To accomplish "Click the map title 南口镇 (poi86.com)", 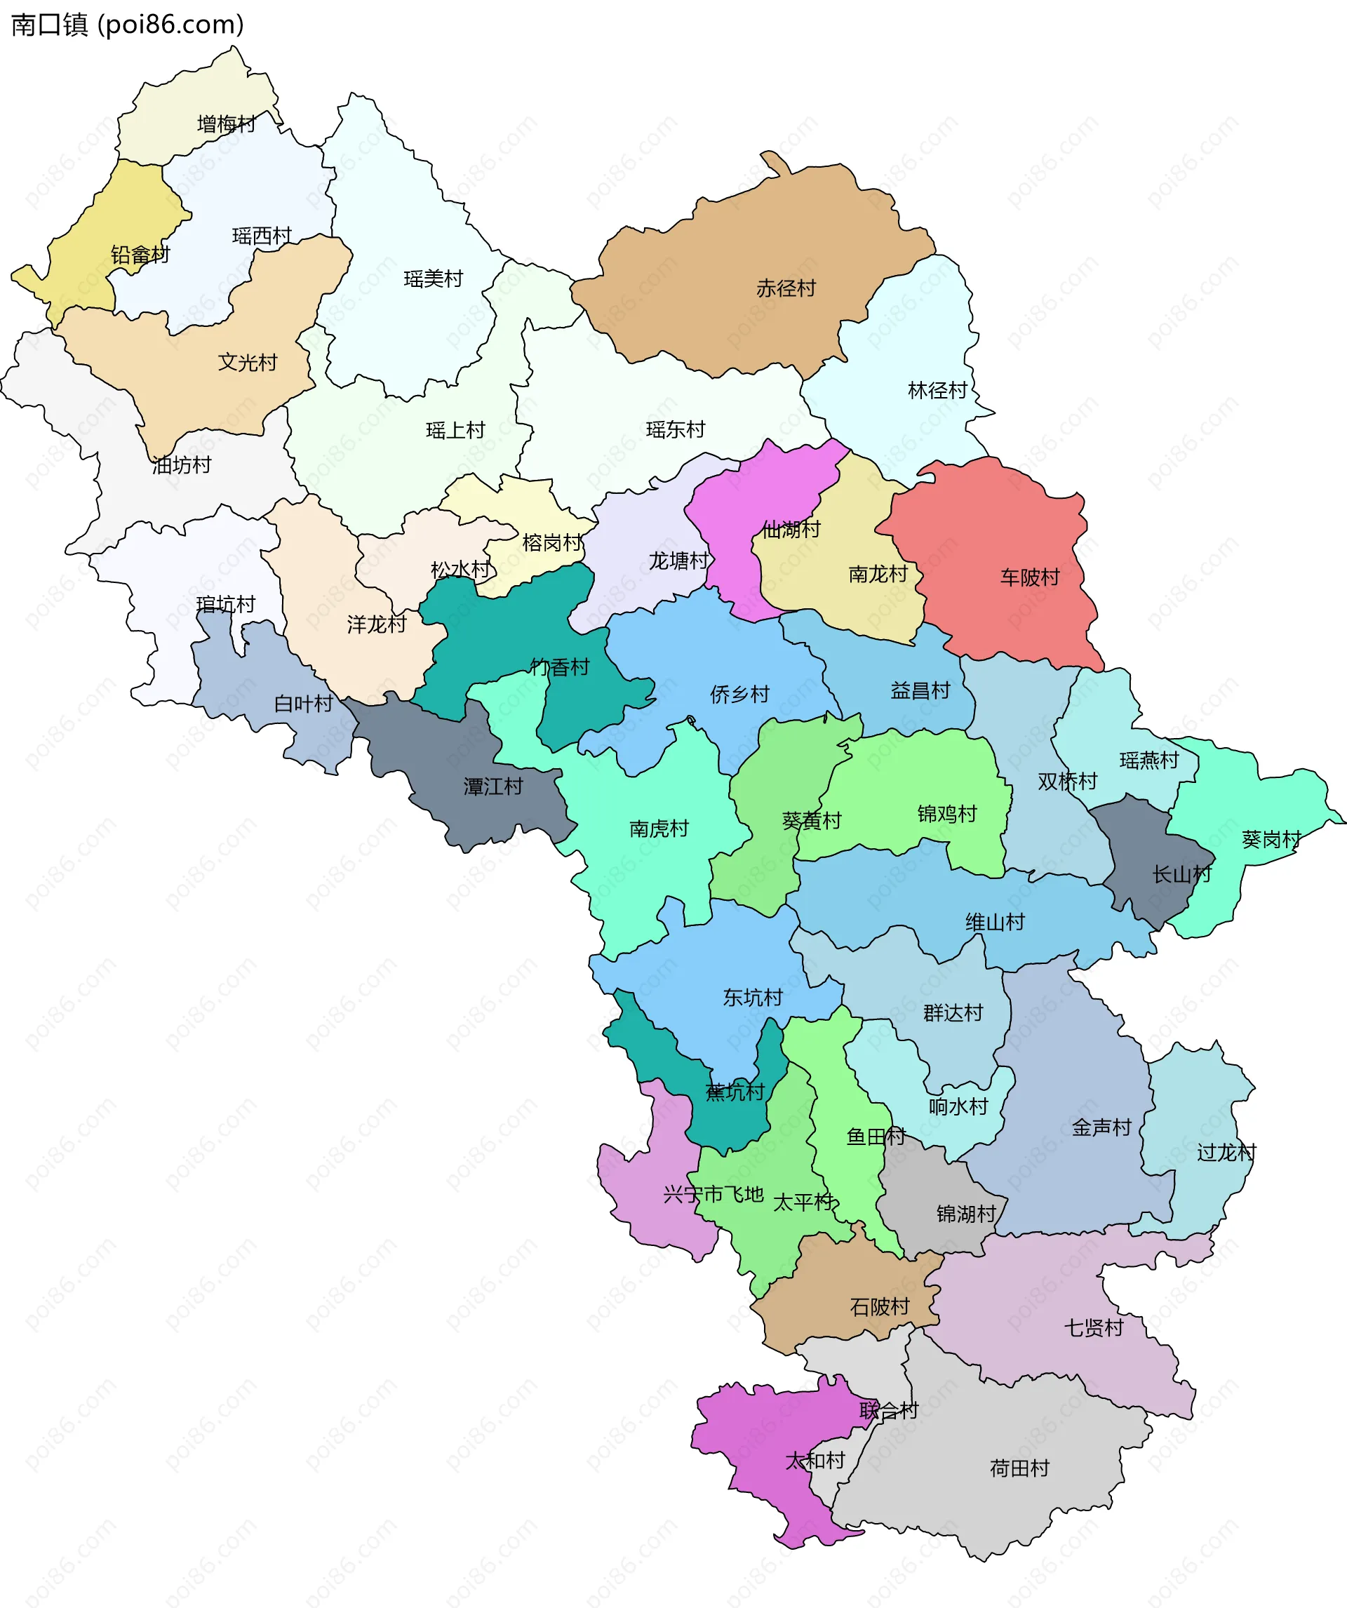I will pyautogui.click(x=127, y=25).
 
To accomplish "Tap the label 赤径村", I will pyautogui.click(x=786, y=288).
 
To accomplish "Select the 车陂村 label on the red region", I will pyautogui.click(x=1029, y=577).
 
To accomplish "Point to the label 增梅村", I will pyautogui.click(x=226, y=124).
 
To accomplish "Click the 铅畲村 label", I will pyautogui.click(x=140, y=255).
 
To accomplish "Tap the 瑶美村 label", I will pyautogui.click(x=434, y=279).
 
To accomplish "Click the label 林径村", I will pyautogui.click(x=937, y=391).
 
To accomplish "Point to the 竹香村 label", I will pyautogui.click(x=560, y=668).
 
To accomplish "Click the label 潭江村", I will pyautogui.click(x=493, y=786).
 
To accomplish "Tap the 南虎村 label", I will pyautogui.click(x=659, y=829).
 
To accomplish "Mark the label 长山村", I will pyautogui.click(x=1181, y=873).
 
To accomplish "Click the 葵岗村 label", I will pyautogui.click(x=1271, y=840).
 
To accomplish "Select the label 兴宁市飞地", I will pyautogui.click(x=713, y=1195).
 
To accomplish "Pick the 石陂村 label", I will pyautogui.click(x=879, y=1306).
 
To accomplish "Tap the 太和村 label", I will pyautogui.click(x=815, y=1460).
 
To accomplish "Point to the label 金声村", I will pyautogui.click(x=1101, y=1127).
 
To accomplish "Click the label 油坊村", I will pyautogui.click(x=182, y=464).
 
